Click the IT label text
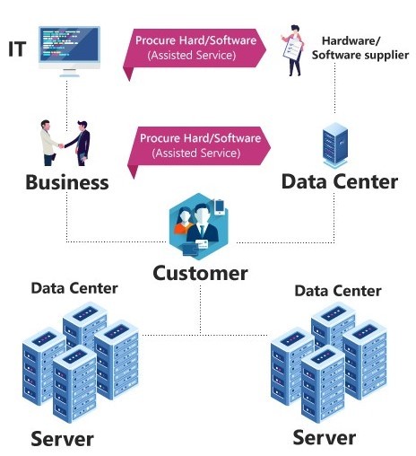[x=17, y=49]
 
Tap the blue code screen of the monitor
[x=69, y=44]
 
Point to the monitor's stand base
[x=69, y=75]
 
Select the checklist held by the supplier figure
[x=292, y=48]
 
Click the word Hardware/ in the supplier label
[x=351, y=40]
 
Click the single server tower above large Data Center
[x=335, y=145]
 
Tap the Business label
[x=67, y=182]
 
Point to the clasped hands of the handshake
[x=61, y=146]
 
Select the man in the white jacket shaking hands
[x=48, y=143]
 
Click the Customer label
[x=200, y=273]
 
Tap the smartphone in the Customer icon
[x=220, y=206]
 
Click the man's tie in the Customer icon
[x=203, y=231]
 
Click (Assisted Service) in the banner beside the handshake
[x=196, y=153]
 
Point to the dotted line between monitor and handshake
[x=66, y=104]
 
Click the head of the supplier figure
[x=295, y=30]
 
